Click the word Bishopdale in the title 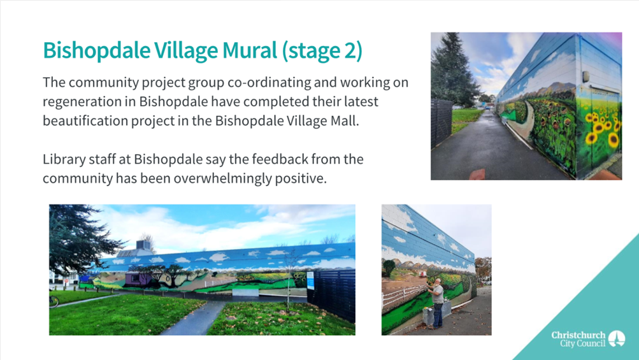point(96,50)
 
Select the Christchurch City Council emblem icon point(616,339)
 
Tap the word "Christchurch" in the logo point(578,335)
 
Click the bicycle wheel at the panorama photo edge point(53,301)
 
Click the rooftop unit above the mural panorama point(143,245)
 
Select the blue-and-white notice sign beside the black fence point(311,280)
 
